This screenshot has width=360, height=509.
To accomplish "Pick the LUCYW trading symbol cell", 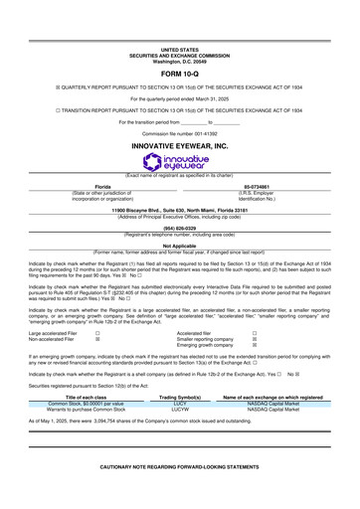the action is [180, 411].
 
